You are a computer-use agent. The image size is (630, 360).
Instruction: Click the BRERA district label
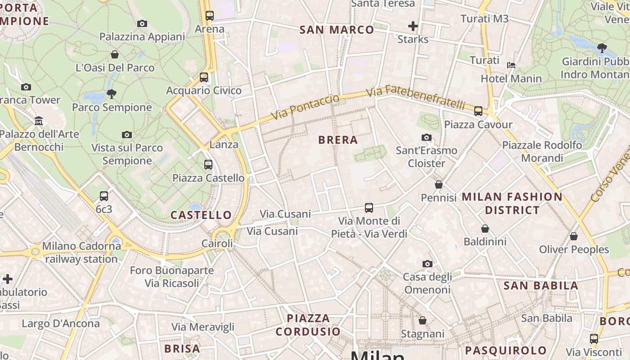(x=338, y=140)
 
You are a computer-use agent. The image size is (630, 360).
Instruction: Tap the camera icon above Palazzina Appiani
(x=142, y=23)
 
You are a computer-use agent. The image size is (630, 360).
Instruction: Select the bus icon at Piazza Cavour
(x=478, y=111)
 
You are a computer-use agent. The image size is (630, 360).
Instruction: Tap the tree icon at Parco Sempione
(x=111, y=94)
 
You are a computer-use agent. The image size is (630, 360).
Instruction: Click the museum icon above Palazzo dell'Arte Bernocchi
(x=39, y=121)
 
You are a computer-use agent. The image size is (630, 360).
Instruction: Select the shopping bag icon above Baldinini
(x=485, y=229)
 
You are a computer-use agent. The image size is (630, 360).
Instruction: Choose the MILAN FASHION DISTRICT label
(x=512, y=203)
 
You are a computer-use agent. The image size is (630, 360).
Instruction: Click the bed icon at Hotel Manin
(x=511, y=65)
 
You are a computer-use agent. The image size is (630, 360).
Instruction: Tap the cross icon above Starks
(x=413, y=26)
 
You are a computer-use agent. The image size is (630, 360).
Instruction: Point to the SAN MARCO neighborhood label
(x=337, y=30)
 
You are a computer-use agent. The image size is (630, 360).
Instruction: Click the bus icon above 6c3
(x=104, y=196)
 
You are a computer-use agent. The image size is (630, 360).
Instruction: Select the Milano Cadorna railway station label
(x=81, y=252)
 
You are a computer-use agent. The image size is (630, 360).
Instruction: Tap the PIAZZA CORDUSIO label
(x=308, y=325)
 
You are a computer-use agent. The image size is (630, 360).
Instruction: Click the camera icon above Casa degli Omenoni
(x=427, y=264)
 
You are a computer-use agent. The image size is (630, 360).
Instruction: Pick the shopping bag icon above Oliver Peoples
(x=574, y=236)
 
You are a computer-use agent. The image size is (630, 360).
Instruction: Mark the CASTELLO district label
(x=201, y=215)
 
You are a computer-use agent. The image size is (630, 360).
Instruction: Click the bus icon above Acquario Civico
(x=204, y=77)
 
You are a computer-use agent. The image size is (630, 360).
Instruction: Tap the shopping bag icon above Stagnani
(x=422, y=320)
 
